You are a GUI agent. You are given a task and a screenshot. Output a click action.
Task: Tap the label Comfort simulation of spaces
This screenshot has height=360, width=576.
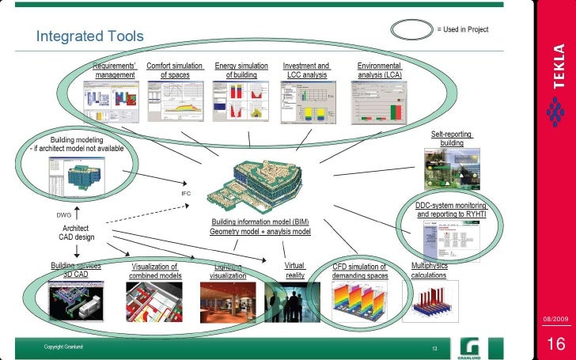[x=175, y=70]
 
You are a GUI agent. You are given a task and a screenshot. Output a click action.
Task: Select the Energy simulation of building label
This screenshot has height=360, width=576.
[x=241, y=70]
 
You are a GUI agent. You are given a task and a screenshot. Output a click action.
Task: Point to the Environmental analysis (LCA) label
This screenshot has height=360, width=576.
[x=380, y=70]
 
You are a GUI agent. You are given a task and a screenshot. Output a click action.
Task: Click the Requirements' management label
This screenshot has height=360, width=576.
[x=116, y=70]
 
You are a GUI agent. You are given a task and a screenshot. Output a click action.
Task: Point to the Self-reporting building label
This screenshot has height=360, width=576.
[x=452, y=138]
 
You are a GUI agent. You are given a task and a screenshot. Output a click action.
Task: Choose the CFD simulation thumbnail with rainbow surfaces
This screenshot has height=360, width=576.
[x=359, y=299]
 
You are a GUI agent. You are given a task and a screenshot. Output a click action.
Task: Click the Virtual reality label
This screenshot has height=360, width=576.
[x=295, y=270]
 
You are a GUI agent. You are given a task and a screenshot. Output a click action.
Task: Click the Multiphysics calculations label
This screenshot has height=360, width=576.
[x=430, y=270]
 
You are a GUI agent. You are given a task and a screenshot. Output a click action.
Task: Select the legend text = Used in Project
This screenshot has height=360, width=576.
[x=463, y=30]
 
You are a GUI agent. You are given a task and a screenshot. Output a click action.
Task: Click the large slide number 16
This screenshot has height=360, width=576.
[x=555, y=343]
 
